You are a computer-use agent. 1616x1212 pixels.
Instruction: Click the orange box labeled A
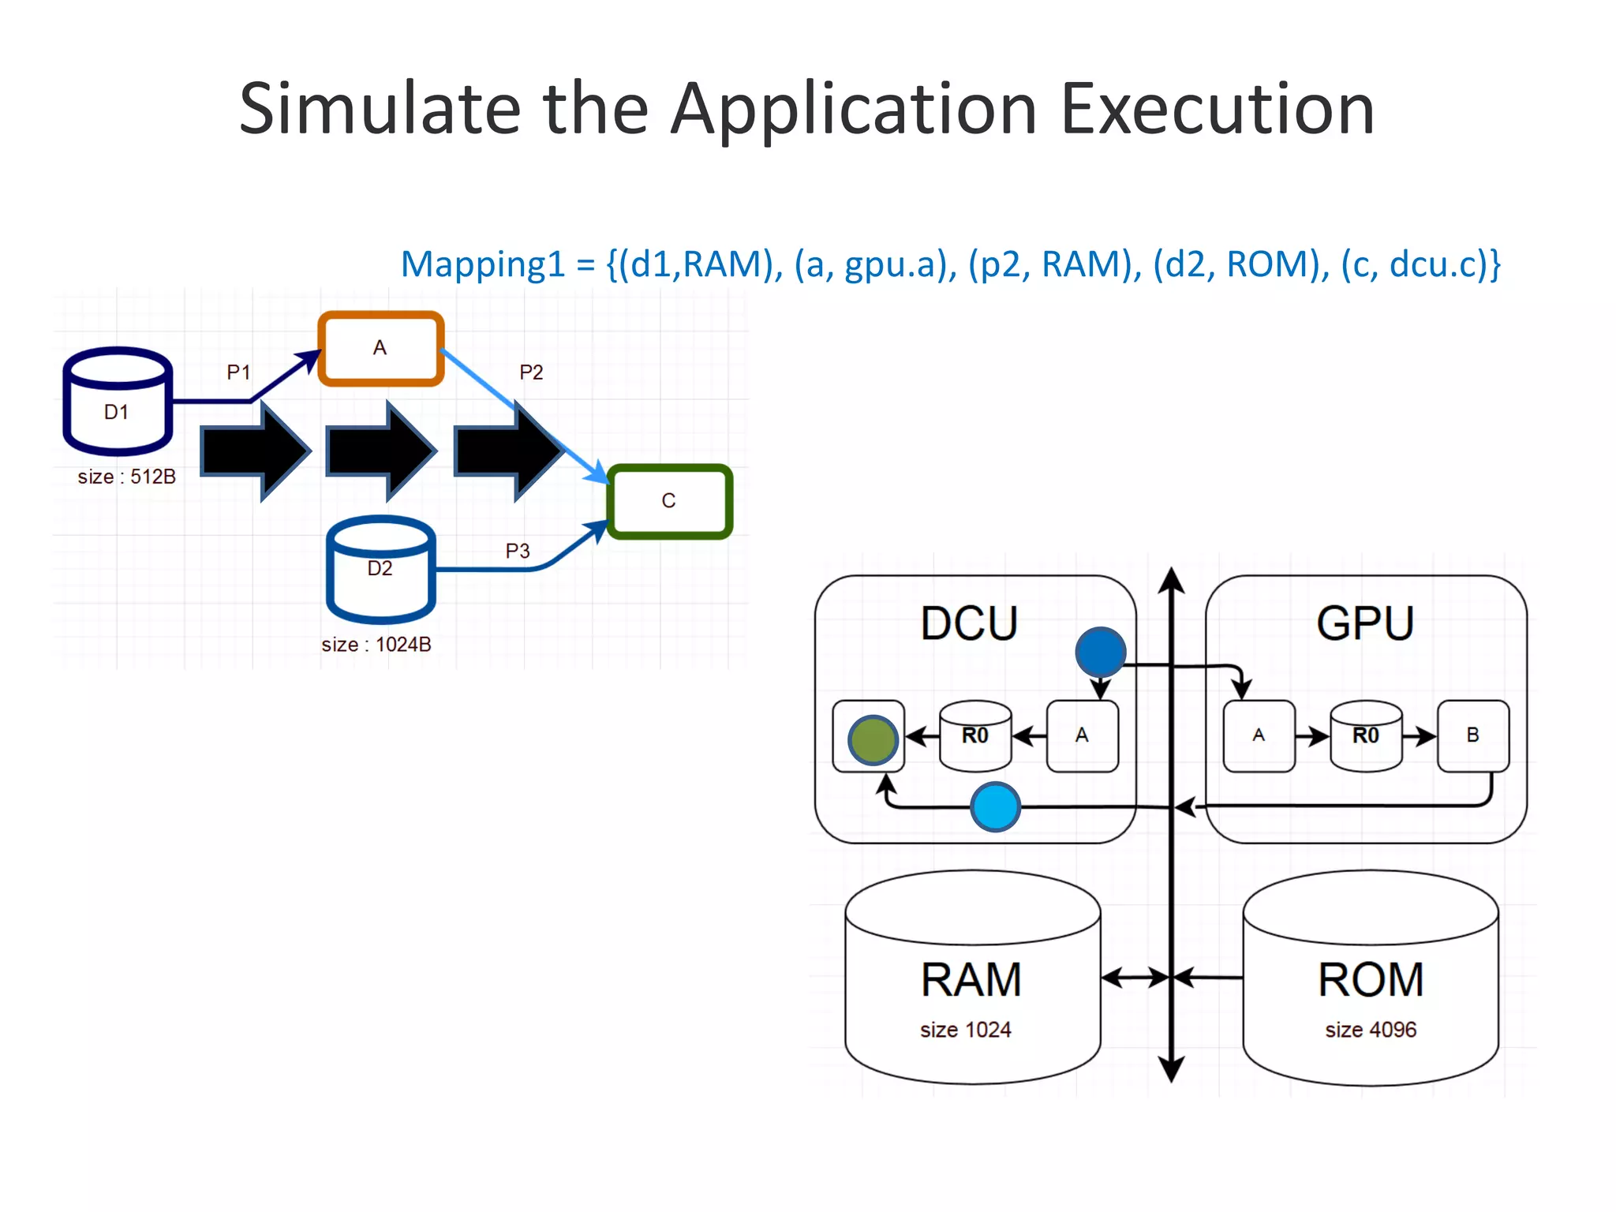[x=380, y=348]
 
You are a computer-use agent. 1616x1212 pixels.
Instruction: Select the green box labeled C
[x=669, y=501]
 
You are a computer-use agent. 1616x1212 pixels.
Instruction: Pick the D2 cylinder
[x=380, y=570]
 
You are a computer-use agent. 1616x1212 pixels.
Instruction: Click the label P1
[x=238, y=372]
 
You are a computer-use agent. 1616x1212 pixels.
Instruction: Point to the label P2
[x=531, y=372]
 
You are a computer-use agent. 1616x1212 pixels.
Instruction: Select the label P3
[x=518, y=551]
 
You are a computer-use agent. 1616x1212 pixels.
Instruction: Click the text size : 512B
[x=126, y=477]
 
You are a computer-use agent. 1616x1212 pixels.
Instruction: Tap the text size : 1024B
[x=376, y=645]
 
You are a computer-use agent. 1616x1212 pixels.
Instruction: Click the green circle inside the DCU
[x=872, y=740]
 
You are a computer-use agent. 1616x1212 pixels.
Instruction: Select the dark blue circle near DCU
[x=1100, y=652]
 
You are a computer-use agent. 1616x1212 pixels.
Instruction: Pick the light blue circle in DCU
[x=995, y=806]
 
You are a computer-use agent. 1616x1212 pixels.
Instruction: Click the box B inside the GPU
[x=1472, y=735]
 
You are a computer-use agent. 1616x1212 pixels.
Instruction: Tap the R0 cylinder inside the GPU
[x=1366, y=735]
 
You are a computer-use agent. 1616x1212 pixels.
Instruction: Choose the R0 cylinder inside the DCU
[x=975, y=735]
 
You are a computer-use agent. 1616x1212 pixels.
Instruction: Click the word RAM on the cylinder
[x=971, y=980]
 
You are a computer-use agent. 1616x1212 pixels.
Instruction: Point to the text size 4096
[x=1371, y=1030]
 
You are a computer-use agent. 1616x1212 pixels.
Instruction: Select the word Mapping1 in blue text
[x=483, y=264]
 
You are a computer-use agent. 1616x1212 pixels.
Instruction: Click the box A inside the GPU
[x=1259, y=735]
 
